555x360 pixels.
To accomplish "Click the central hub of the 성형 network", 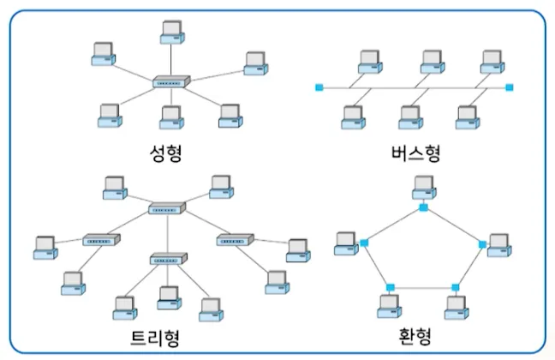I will click(x=169, y=83).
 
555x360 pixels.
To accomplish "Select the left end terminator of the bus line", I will click(x=319, y=87).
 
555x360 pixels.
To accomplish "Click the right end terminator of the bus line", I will click(x=510, y=87).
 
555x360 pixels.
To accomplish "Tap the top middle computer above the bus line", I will click(x=431, y=61).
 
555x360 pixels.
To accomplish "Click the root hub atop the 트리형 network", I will click(x=167, y=208).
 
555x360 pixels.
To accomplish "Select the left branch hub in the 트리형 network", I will click(x=102, y=241).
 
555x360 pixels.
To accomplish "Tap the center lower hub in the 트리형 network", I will click(x=167, y=259).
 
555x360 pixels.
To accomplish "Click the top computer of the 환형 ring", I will click(x=422, y=185).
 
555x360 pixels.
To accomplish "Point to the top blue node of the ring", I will click(x=423, y=207).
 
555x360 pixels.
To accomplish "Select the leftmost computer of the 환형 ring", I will click(x=346, y=243).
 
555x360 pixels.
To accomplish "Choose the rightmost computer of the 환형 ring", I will click(x=499, y=245).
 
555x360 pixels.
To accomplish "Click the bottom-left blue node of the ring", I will click(x=390, y=287).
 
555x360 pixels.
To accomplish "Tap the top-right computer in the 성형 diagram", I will click(x=255, y=62).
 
